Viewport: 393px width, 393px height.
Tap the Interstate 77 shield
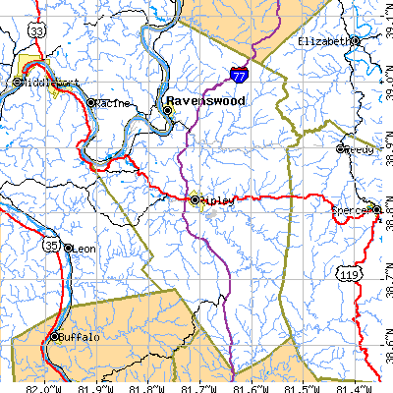click(240, 72)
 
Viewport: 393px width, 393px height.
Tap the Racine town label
click(116, 102)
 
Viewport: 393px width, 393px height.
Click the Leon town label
click(85, 250)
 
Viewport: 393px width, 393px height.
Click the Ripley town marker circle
click(196, 200)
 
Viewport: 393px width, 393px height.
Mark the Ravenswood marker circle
click(168, 111)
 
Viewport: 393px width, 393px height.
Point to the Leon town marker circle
click(68, 249)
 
